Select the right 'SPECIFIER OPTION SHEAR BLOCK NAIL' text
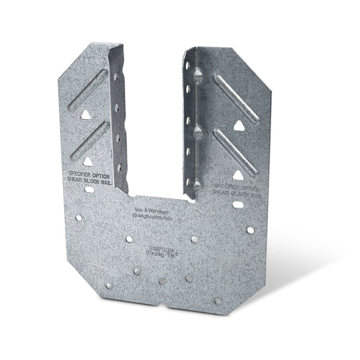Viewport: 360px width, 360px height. pyautogui.click(x=237, y=190)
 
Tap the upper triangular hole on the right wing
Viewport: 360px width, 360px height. pyautogui.click(x=239, y=125)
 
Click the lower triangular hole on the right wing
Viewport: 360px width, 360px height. pyautogui.click(x=238, y=175)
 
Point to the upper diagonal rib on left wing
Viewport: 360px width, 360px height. pyautogui.click(x=88, y=90)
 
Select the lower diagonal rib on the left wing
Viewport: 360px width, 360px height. pyautogui.click(x=89, y=140)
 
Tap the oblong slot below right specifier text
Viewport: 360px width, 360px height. pyautogui.click(x=238, y=205)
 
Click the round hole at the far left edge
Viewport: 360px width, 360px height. pyautogui.click(x=78, y=218)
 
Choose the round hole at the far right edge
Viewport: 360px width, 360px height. pyautogui.click(x=250, y=230)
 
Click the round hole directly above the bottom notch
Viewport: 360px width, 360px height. pyautogui.click(x=162, y=281)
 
